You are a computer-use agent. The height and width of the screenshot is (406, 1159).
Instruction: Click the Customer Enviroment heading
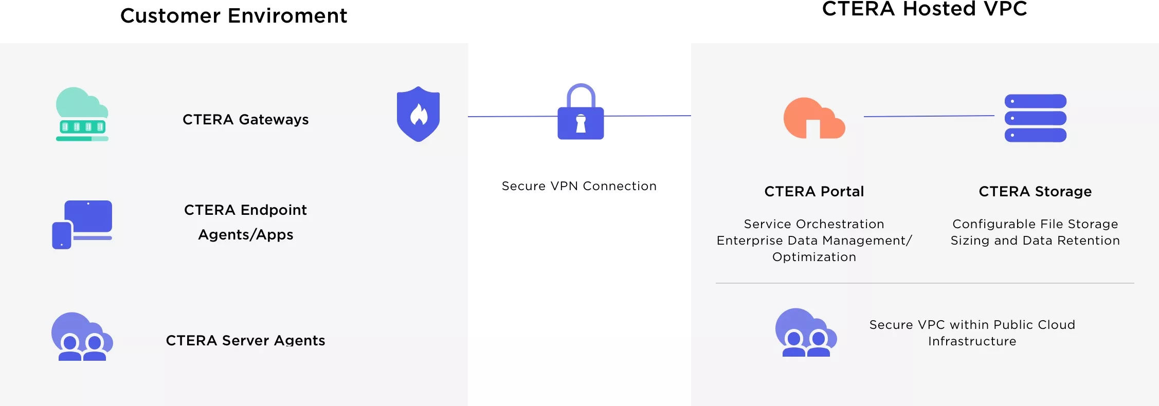(233, 16)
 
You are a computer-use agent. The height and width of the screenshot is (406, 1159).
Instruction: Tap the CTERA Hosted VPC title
(924, 9)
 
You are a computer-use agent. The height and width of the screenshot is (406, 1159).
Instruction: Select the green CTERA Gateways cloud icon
(82, 114)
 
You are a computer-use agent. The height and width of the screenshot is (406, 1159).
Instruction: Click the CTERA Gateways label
(245, 120)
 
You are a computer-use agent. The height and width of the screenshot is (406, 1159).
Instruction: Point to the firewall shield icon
(418, 114)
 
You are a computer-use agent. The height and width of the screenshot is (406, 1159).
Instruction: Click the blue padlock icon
(581, 112)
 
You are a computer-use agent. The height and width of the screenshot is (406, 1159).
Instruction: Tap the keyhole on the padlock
(581, 123)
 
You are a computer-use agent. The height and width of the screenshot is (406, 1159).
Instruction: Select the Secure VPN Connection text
(579, 186)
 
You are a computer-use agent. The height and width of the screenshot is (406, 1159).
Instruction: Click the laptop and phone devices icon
(82, 224)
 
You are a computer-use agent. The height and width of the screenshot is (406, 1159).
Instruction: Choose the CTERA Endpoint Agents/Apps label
(245, 222)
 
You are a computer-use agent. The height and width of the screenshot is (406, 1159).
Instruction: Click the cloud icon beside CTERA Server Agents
(82, 337)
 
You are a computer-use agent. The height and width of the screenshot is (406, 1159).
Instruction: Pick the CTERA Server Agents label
(245, 340)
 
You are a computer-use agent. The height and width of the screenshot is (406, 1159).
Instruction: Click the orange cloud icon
(813, 118)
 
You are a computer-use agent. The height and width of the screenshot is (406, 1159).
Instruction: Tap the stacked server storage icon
(1035, 118)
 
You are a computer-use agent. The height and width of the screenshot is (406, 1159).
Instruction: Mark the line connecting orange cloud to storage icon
(929, 117)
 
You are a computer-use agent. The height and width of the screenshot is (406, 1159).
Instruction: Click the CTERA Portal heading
(814, 192)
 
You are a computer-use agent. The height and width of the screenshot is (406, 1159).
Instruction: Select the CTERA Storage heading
(1035, 192)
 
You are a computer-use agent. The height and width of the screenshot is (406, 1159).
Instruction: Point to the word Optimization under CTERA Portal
(814, 257)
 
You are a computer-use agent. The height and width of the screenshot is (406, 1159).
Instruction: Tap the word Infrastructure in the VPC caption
(972, 341)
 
